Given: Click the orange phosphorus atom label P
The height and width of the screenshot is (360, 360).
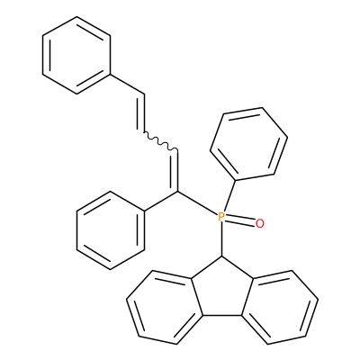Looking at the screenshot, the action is point(220,217).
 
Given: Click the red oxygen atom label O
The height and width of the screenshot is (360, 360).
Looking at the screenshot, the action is point(260,223).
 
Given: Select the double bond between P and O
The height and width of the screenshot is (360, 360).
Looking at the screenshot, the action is point(240,220).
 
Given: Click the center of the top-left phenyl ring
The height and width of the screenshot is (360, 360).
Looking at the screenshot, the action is point(76,56).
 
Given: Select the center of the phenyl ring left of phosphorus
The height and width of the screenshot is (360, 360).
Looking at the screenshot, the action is point(111,230).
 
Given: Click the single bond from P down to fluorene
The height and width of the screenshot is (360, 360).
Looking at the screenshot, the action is point(221,239).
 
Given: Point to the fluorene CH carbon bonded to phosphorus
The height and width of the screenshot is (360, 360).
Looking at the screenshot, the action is point(222,256).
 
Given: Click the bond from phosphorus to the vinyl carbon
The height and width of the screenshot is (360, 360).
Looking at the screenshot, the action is point(198,203).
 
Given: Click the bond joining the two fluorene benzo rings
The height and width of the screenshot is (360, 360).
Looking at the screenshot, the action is point(222,316).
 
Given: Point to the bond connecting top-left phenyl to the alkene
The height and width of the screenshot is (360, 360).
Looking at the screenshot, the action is point(128,85).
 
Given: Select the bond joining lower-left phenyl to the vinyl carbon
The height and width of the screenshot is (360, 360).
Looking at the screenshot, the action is point(162,201).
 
